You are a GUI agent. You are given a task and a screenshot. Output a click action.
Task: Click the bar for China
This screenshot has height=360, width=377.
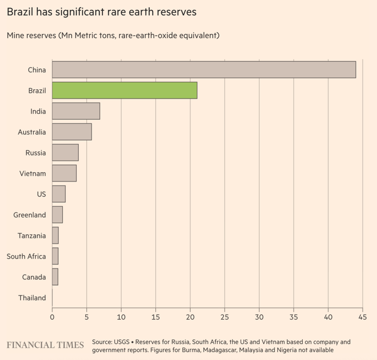(204, 70)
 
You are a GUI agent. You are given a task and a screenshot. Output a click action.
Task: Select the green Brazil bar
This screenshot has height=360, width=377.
(124, 90)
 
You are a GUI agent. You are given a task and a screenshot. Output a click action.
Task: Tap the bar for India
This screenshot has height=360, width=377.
(76, 111)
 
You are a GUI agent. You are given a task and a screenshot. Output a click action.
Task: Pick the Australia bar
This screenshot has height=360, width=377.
(72, 132)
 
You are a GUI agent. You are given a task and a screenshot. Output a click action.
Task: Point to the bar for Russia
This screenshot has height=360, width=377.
(65, 153)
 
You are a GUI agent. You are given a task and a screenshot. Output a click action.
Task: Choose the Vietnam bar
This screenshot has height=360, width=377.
(64, 173)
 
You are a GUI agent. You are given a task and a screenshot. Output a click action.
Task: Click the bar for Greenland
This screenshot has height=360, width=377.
(58, 215)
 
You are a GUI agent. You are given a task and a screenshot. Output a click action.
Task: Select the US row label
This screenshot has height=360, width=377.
(41, 194)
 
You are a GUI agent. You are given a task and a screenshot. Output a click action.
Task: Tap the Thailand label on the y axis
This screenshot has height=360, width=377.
(32, 298)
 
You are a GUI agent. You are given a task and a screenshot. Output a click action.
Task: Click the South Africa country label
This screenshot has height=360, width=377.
(26, 256)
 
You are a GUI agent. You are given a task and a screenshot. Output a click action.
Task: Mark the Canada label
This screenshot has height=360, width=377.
(34, 277)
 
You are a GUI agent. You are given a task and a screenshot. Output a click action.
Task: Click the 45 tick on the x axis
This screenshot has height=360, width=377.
(363, 316)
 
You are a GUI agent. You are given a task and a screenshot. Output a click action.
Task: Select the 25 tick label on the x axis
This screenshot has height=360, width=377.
(224, 316)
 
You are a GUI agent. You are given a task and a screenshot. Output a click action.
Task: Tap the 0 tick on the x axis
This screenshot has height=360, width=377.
(52, 316)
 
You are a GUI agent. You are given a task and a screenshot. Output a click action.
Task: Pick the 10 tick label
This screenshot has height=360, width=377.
(121, 316)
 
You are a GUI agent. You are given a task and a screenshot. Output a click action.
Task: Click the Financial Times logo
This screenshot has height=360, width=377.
(45, 345)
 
